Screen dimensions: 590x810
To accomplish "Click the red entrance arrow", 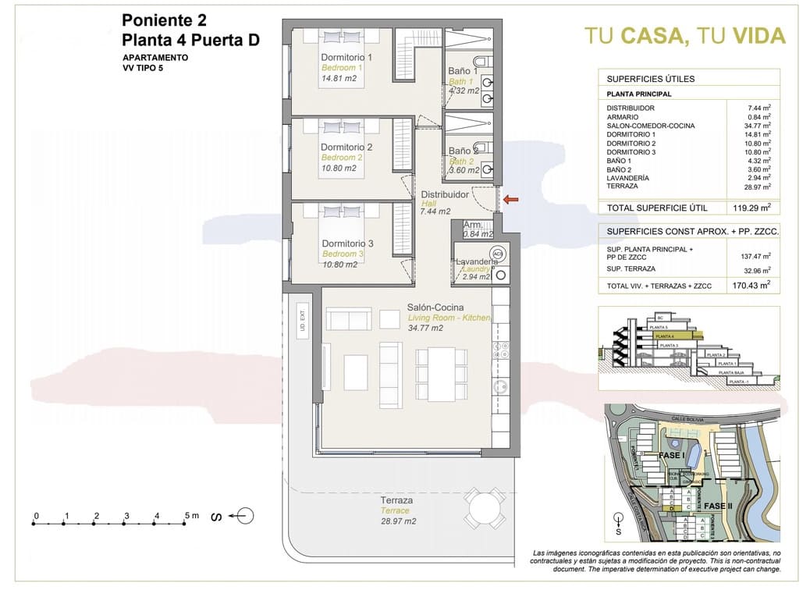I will point(510,200).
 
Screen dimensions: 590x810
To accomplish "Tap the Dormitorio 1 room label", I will point(346,57).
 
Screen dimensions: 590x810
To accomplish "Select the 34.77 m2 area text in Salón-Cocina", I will point(425,329).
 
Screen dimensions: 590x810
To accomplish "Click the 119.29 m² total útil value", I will point(755,208).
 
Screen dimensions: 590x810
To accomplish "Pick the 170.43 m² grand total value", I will point(755,286).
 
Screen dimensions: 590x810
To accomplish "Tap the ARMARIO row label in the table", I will point(623,117).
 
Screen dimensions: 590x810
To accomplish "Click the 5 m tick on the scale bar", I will point(185,516).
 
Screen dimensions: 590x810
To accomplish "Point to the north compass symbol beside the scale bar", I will point(243,515).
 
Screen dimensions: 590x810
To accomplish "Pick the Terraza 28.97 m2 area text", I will point(398,521).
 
